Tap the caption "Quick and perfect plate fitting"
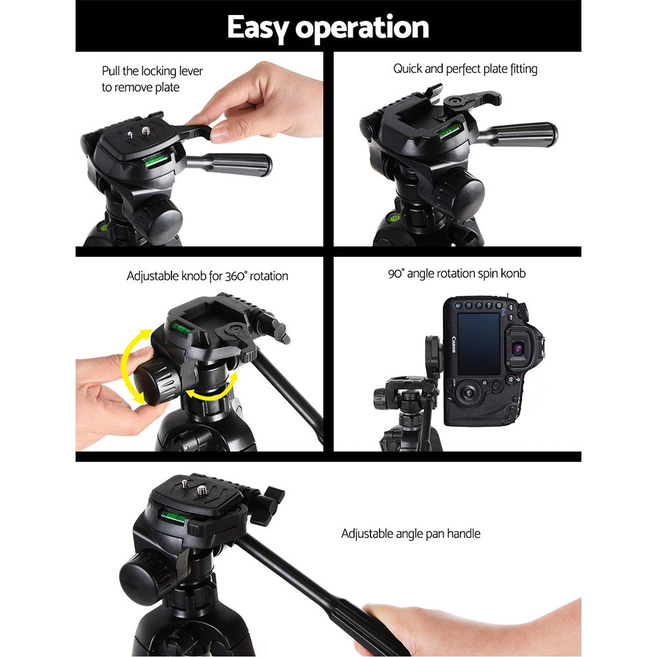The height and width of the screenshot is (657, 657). coord(465,69)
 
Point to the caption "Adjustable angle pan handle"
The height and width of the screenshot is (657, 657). coord(411,533)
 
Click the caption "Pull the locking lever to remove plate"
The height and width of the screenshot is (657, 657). coord(152,79)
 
